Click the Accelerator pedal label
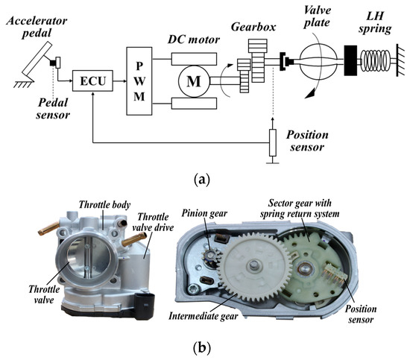(35, 17)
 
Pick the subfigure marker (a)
(205, 180)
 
